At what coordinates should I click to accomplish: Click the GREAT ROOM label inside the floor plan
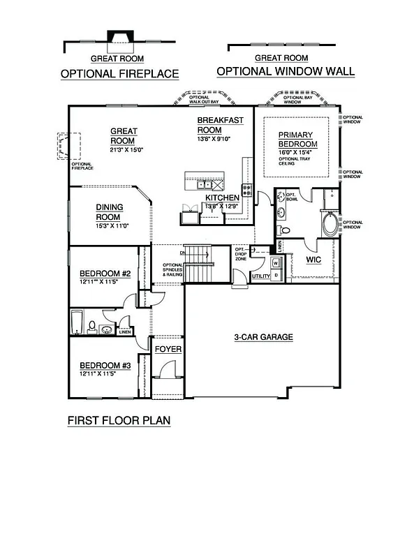pyautogui.click(x=124, y=135)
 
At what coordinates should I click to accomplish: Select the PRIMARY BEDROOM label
pyautogui.click(x=297, y=139)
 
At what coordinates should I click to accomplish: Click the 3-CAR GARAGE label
pyautogui.click(x=263, y=337)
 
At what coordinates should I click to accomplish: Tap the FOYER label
pyautogui.click(x=168, y=348)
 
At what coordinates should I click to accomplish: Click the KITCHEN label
pyautogui.click(x=222, y=198)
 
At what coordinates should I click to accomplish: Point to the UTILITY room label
pyautogui.click(x=260, y=276)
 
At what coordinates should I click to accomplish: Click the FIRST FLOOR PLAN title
pyautogui.click(x=119, y=421)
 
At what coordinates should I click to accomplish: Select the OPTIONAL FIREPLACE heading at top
pyautogui.click(x=119, y=73)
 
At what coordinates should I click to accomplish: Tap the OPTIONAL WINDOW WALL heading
pyautogui.click(x=285, y=71)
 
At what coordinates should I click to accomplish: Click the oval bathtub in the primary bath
pyautogui.click(x=326, y=224)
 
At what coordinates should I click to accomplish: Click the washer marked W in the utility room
pyautogui.click(x=274, y=262)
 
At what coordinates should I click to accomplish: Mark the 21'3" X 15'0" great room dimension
pyautogui.click(x=124, y=149)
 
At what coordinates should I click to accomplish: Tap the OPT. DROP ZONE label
pyautogui.click(x=241, y=253)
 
